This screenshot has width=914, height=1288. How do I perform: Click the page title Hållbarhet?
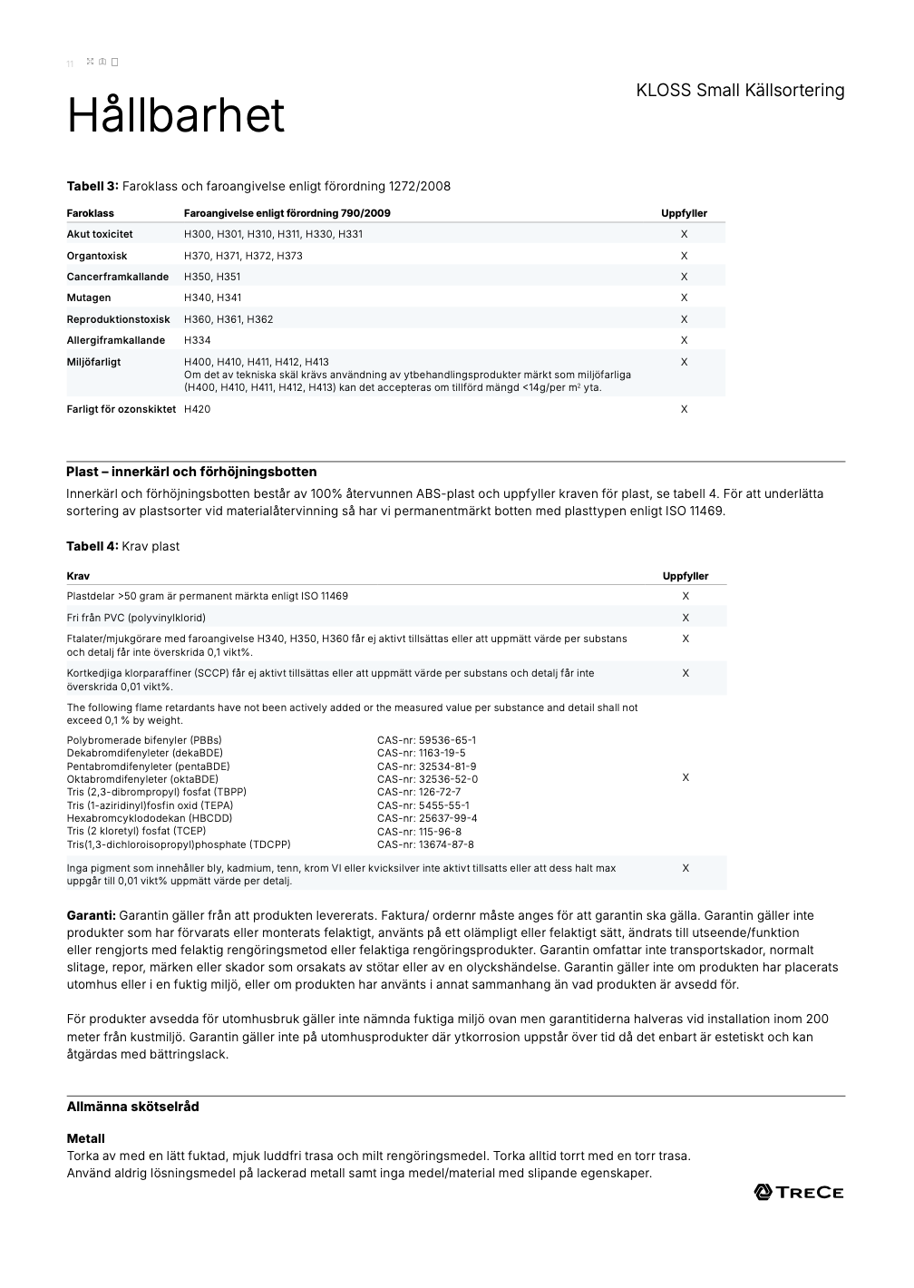176,116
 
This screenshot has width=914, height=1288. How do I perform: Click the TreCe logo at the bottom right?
799,1192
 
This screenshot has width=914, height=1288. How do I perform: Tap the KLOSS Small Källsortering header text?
740,90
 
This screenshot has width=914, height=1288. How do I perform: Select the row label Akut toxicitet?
100,234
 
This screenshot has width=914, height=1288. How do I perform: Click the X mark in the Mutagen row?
684,298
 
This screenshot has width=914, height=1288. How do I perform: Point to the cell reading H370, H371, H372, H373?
243,256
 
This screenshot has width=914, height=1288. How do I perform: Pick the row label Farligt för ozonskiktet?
121,409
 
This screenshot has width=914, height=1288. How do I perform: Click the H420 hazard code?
197,409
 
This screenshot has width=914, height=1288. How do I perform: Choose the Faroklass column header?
90,213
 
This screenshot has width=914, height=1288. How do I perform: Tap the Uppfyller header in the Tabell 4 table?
685,576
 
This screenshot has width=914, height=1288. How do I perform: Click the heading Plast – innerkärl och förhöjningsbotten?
191,472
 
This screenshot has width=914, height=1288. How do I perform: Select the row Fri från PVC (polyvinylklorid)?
136,618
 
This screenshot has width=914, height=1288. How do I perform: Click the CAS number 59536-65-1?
426,740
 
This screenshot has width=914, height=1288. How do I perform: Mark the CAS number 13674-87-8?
425,844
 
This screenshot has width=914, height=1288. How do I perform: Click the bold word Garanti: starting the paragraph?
91,915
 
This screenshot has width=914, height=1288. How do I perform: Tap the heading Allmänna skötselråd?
132,1107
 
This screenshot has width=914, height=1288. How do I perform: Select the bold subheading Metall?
85,1138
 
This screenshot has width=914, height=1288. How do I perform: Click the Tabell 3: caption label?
92,186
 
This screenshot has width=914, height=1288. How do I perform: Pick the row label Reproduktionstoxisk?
118,319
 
